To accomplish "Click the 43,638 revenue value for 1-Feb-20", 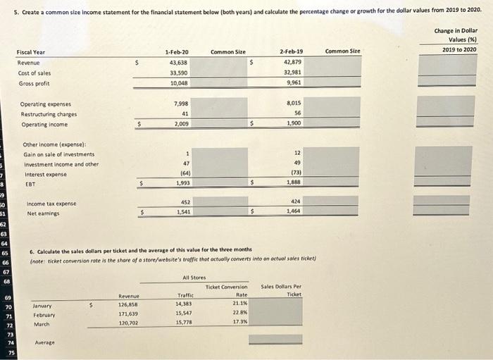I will click(x=177, y=62).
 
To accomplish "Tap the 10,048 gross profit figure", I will click(x=177, y=82).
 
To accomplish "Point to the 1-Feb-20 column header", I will click(x=177, y=51).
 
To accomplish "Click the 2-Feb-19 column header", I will click(x=292, y=51).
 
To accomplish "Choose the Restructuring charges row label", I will click(x=49, y=113).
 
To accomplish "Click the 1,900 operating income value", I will click(x=294, y=123).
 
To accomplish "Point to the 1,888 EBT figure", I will click(x=294, y=182).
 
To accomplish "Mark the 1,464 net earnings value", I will click(x=294, y=211).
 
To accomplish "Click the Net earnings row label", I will click(x=43, y=213).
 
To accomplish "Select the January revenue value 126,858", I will click(x=129, y=304).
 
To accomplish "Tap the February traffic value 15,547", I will click(x=185, y=314).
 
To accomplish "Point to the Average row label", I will click(x=44, y=342).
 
